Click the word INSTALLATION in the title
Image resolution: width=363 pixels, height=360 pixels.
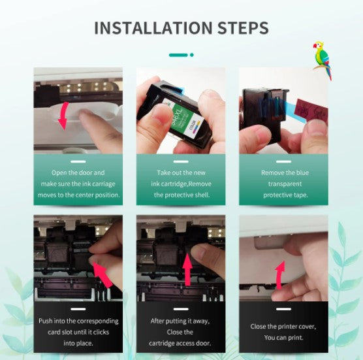point(153,28)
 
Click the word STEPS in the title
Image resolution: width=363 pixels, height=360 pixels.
point(243,28)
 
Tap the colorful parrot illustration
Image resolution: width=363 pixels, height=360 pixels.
point(323,61)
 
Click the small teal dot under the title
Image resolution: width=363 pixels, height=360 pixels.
point(192,55)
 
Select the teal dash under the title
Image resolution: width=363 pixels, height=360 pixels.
point(178,55)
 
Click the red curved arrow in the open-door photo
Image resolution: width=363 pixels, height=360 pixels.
point(63,116)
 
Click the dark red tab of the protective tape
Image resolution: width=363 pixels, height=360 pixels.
point(311,110)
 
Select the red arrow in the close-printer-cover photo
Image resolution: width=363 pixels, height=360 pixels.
point(280,276)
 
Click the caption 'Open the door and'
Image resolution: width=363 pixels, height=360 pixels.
point(78,172)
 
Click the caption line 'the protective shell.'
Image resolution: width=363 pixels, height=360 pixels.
point(181,195)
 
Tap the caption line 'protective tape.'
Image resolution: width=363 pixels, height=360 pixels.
point(285,195)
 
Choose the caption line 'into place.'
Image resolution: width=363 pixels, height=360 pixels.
point(78,343)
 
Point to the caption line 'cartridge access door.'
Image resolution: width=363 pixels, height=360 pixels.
point(180,343)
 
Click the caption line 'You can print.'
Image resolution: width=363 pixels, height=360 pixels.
point(283,338)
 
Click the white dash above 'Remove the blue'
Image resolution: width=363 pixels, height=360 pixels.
point(283,161)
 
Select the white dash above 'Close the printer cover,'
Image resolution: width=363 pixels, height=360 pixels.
point(283,309)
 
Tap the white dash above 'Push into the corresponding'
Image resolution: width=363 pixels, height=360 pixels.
point(78,309)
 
